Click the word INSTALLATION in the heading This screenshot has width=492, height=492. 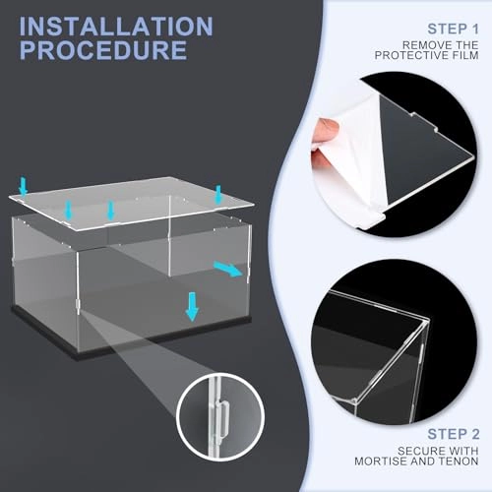tap(116, 27)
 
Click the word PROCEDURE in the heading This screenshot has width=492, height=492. tap(103, 49)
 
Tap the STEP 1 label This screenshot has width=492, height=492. tap(453, 29)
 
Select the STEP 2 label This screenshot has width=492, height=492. tap(454, 434)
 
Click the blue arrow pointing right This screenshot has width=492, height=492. tap(228, 269)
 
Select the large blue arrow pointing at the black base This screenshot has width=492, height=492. tap(192, 306)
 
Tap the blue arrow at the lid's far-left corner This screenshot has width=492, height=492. tap(23, 187)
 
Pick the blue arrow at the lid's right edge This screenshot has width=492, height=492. tap(218, 195)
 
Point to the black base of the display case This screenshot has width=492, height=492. tap(131, 341)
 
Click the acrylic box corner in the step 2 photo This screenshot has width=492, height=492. tap(426, 322)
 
